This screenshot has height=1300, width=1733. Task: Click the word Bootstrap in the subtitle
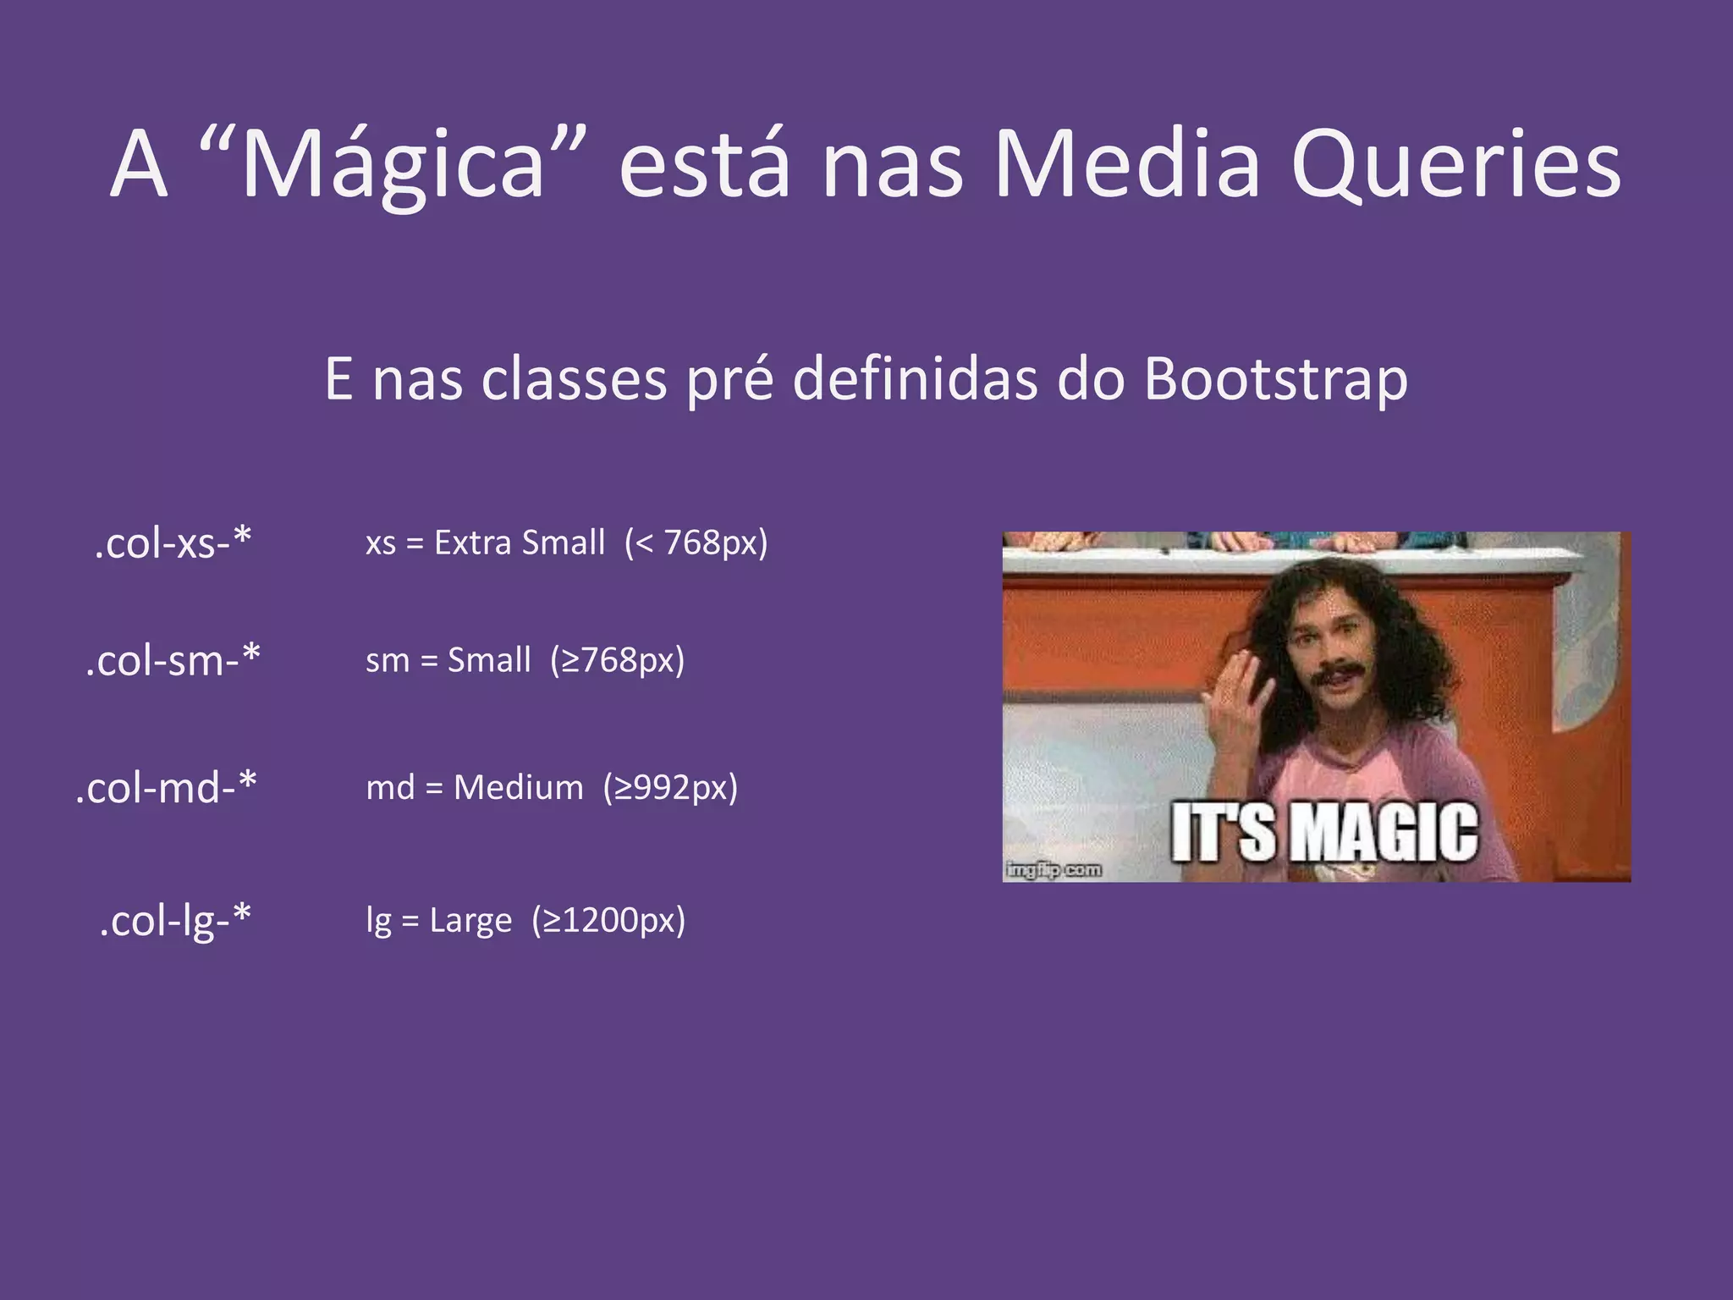coord(1275,378)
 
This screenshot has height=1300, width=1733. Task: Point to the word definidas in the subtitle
coord(914,378)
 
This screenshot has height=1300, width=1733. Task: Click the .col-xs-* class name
coord(173,543)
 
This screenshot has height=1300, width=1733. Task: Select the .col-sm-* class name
coord(173,660)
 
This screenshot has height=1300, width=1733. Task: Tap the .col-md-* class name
coord(166,788)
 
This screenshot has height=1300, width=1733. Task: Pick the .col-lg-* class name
coord(175,921)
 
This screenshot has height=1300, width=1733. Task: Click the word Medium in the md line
coord(518,788)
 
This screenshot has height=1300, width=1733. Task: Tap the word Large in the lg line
coord(470,921)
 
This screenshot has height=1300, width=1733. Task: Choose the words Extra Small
coord(520,543)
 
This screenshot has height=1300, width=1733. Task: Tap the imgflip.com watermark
coord(1054,870)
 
